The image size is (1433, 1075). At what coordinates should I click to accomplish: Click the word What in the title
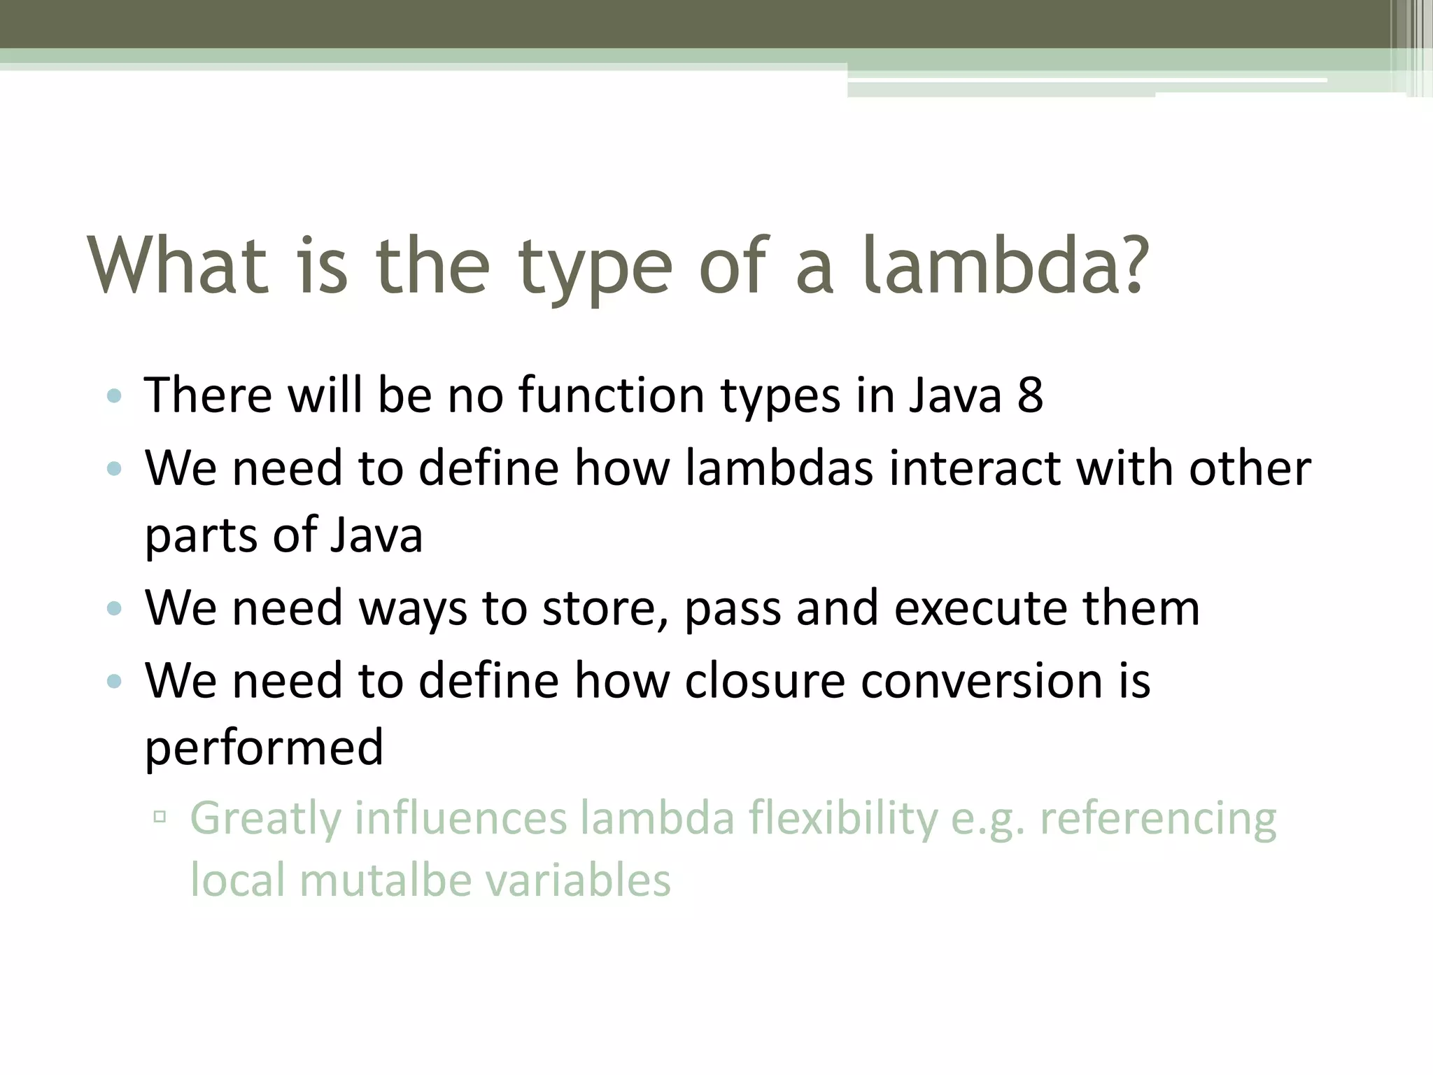(178, 266)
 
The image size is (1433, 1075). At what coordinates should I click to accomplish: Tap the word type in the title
(595, 269)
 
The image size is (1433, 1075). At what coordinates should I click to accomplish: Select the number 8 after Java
(1030, 395)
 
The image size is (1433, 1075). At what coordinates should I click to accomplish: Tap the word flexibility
(843, 819)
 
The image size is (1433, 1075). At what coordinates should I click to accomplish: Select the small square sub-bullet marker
(160, 816)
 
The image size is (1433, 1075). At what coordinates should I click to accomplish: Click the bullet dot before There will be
(114, 397)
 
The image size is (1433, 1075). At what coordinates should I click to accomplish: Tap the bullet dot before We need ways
(114, 609)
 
